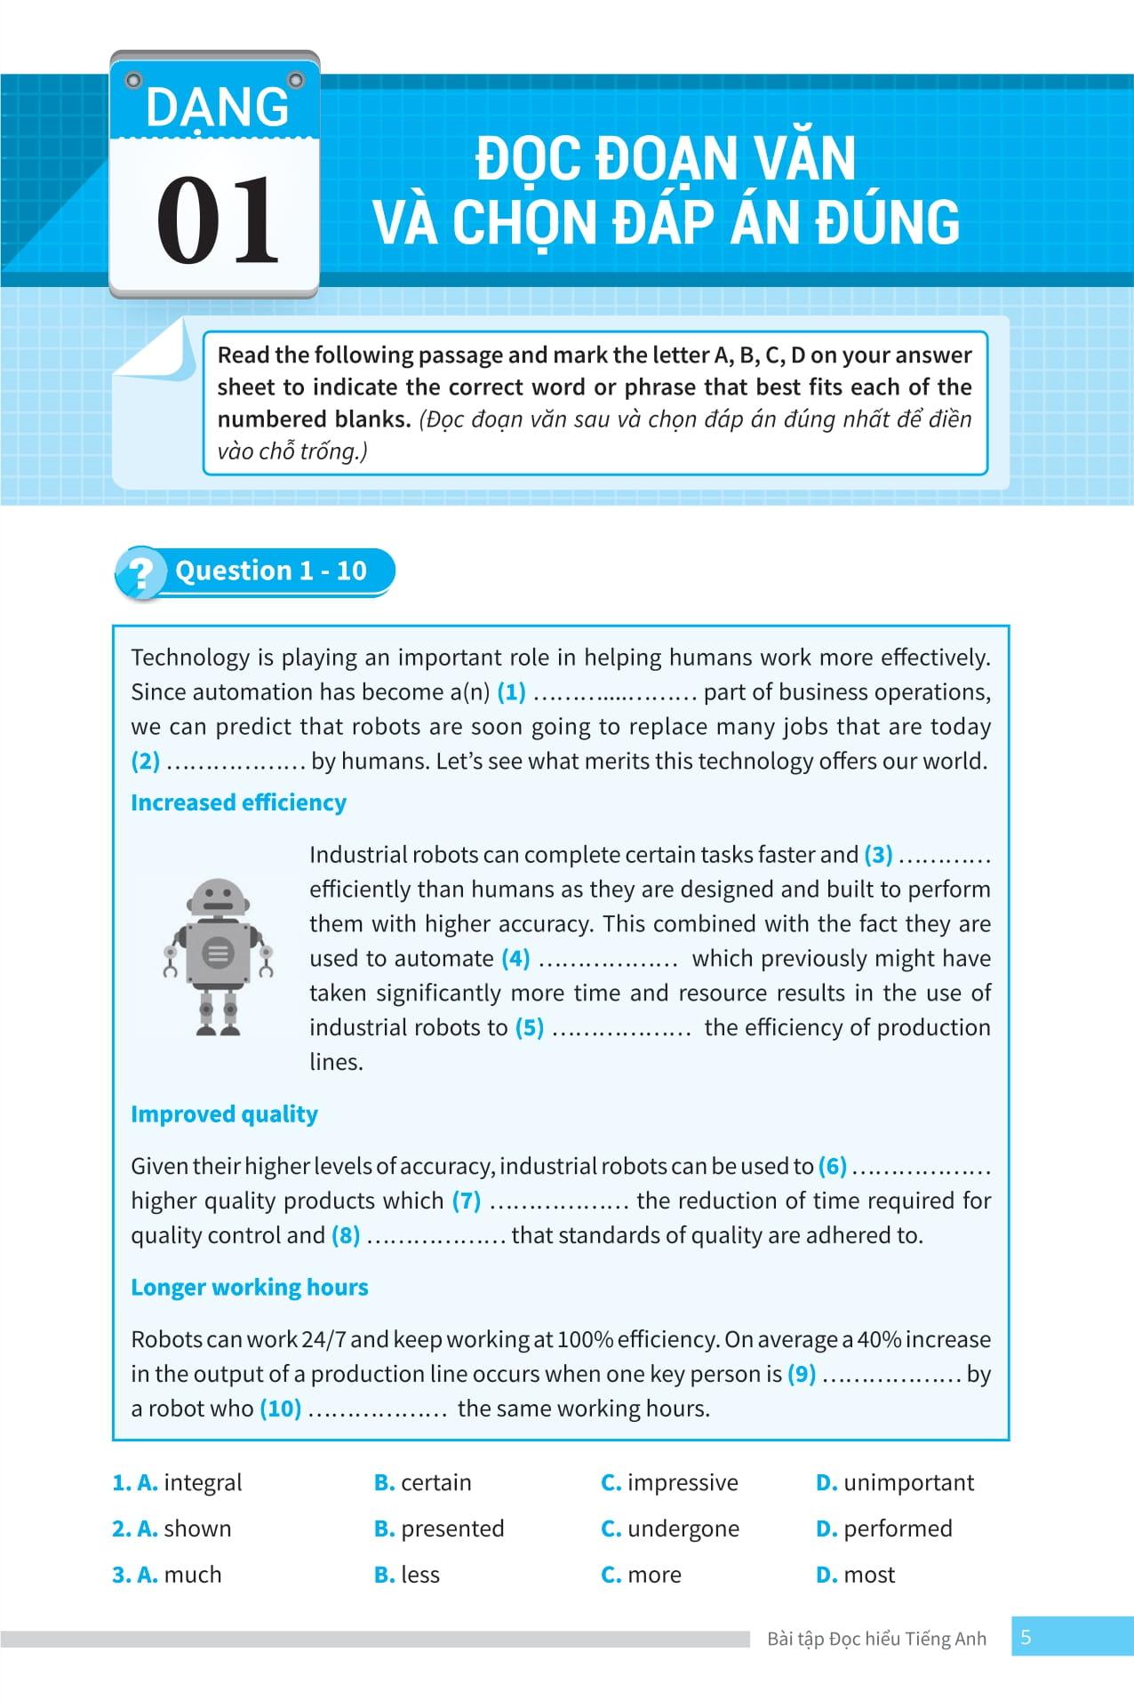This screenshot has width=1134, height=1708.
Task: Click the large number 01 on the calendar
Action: [x=217, y=219]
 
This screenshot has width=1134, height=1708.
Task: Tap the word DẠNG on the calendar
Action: [x=217, y=108]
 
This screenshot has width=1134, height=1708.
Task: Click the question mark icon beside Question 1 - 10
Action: [x=140, y=572]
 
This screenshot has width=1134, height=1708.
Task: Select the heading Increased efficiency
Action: [x=238, y=802]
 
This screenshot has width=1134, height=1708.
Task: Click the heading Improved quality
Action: [x=224, y=1113]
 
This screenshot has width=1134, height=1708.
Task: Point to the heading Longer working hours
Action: [x=249, y=1287]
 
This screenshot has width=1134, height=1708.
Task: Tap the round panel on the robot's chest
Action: [x=218, y=954]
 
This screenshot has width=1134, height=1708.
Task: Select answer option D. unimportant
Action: [x=895, y=1482]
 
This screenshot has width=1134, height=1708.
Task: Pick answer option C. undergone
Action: [x=670, y=1528]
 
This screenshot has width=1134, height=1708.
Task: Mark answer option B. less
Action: [x=407, y=1575]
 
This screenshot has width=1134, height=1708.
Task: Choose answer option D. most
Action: [x=856, y=1575]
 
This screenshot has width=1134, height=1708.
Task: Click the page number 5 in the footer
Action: [x=1026, y=1638]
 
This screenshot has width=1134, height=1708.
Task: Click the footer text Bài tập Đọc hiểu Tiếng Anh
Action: [x=876, y=1639]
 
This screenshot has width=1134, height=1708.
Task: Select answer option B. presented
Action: [x=439, y=1528]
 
